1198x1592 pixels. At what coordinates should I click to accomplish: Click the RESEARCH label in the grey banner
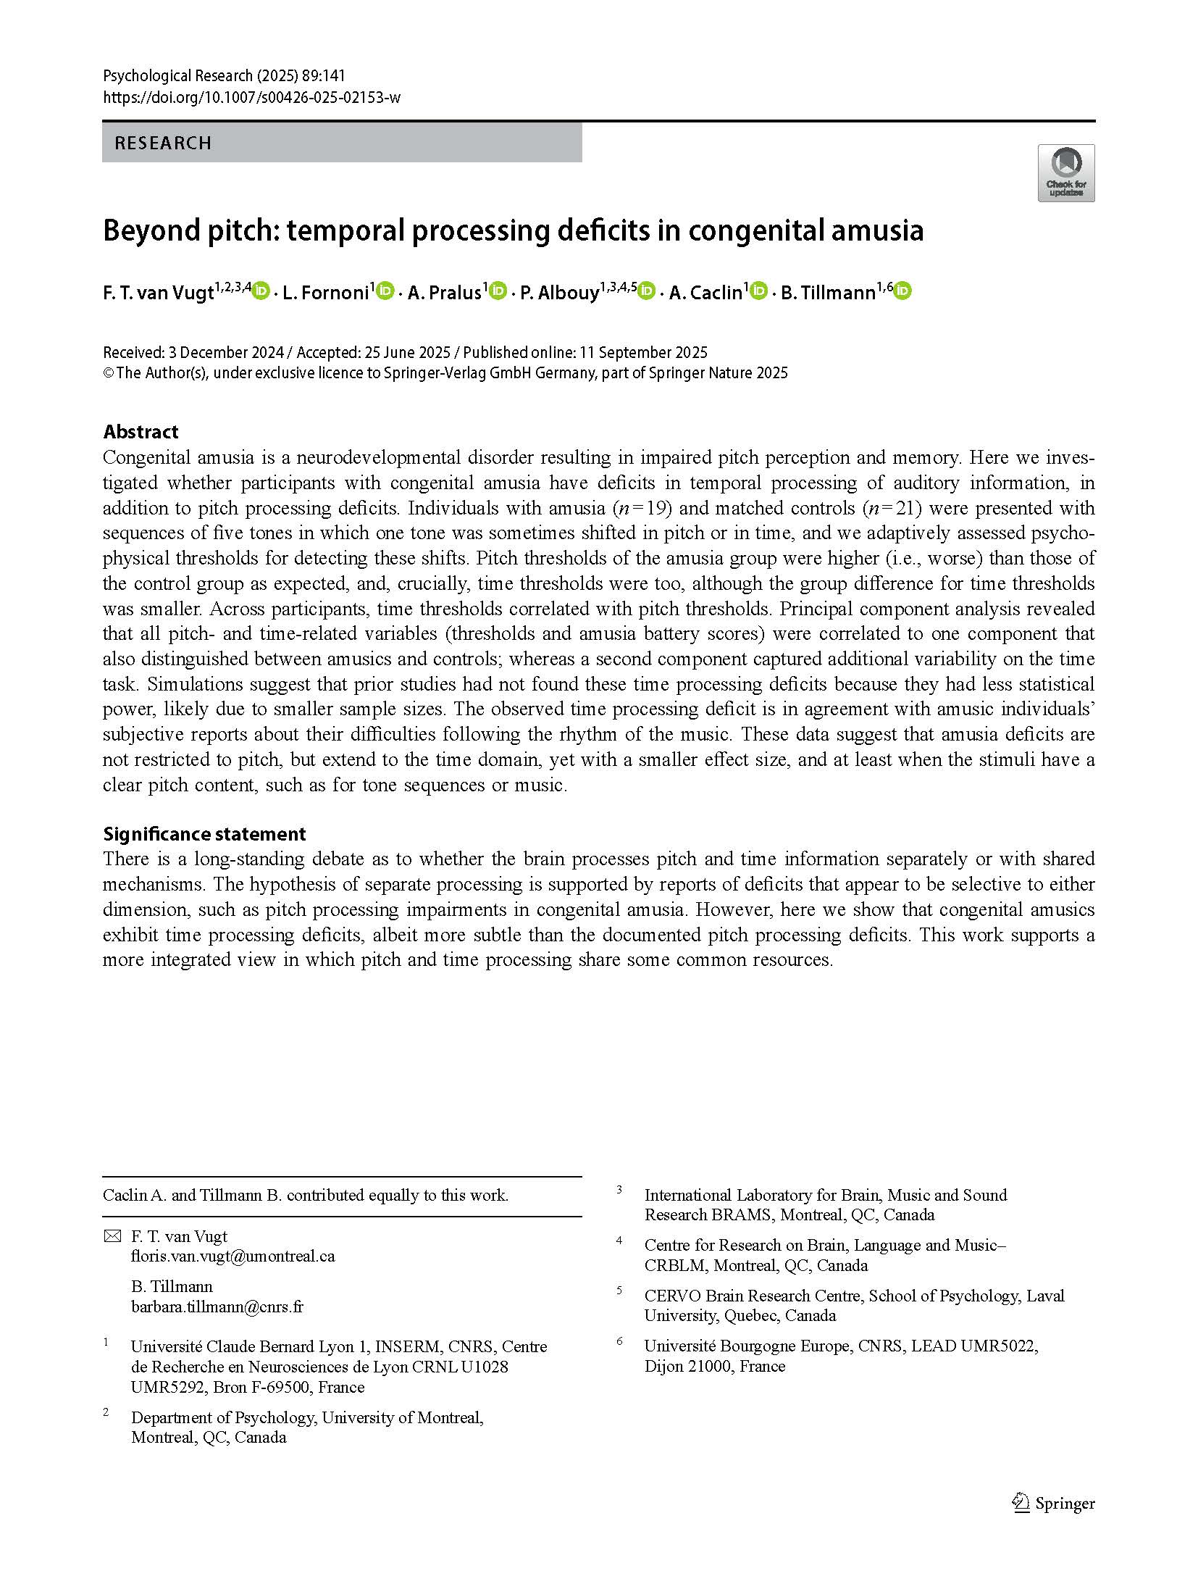click(163, 143)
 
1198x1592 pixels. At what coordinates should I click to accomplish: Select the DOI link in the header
click(251, 97)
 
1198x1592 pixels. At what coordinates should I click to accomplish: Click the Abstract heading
click(141, 432)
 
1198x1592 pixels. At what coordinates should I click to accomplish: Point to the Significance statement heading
click(204, 833)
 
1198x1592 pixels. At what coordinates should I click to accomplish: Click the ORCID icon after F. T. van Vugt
click(261, 291)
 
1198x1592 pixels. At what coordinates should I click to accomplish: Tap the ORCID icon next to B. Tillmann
click(902, 291)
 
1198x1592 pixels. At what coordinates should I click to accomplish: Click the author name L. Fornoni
click(326, 293)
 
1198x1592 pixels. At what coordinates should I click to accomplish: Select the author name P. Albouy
click(559, 293)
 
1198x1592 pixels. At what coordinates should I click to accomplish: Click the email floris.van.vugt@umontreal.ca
click(233, 1256)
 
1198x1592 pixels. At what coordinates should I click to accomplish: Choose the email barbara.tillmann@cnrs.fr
click(217, 1306)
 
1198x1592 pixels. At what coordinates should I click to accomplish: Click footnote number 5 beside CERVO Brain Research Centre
click(619, 1291)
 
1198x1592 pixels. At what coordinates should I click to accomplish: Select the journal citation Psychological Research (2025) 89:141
click(224, 75)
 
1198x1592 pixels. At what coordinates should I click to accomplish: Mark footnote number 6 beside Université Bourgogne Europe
click(619, 1341)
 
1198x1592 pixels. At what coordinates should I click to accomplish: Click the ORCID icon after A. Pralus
click(498, 291)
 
